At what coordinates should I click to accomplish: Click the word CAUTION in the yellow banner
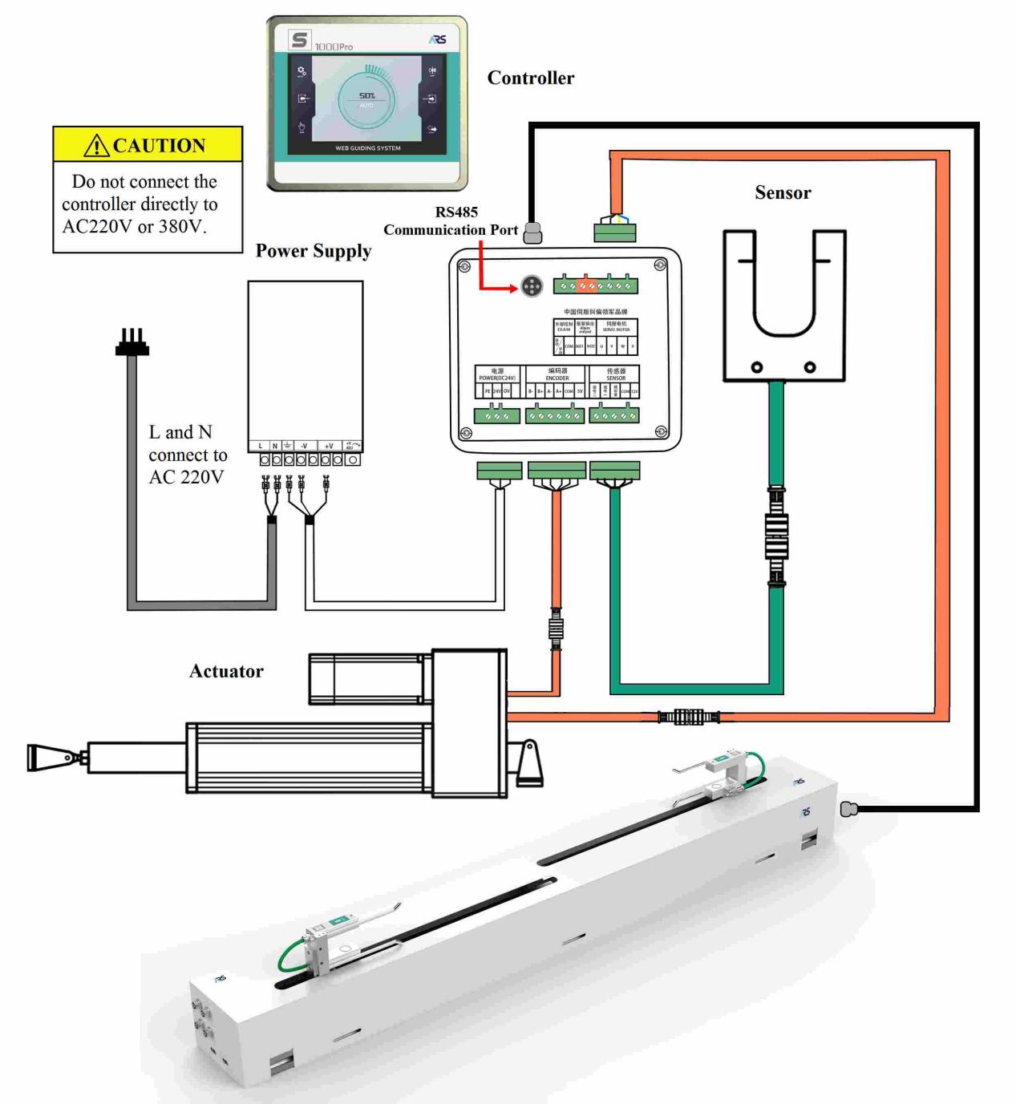[x=159, y=145]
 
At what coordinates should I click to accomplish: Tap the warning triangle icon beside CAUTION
[x=96, y=146]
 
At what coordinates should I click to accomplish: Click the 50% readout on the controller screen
[x=366, y=95]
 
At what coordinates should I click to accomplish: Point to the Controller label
[x=531, y=78]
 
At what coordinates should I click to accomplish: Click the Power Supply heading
[x=314, y=251]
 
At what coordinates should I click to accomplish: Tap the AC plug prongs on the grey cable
[x=132, y=342]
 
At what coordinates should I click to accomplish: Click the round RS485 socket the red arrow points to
[x=532, y=286]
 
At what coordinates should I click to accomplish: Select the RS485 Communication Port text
[x=451, y=221]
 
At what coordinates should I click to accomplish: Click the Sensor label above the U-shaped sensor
[x=783, y=192]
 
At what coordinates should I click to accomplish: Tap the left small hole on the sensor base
[x=756, y=367]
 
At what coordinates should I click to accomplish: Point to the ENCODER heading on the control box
[x=557, y=374]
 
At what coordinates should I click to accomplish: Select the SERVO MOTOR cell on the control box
[x=617, y=326]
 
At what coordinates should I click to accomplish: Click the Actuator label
[x=226, y=671]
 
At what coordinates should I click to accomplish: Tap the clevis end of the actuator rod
[x=45, y=756]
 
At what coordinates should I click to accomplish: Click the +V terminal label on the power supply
[x=329, y=446]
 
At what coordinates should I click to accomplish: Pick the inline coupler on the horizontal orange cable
[x=688, y=716]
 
